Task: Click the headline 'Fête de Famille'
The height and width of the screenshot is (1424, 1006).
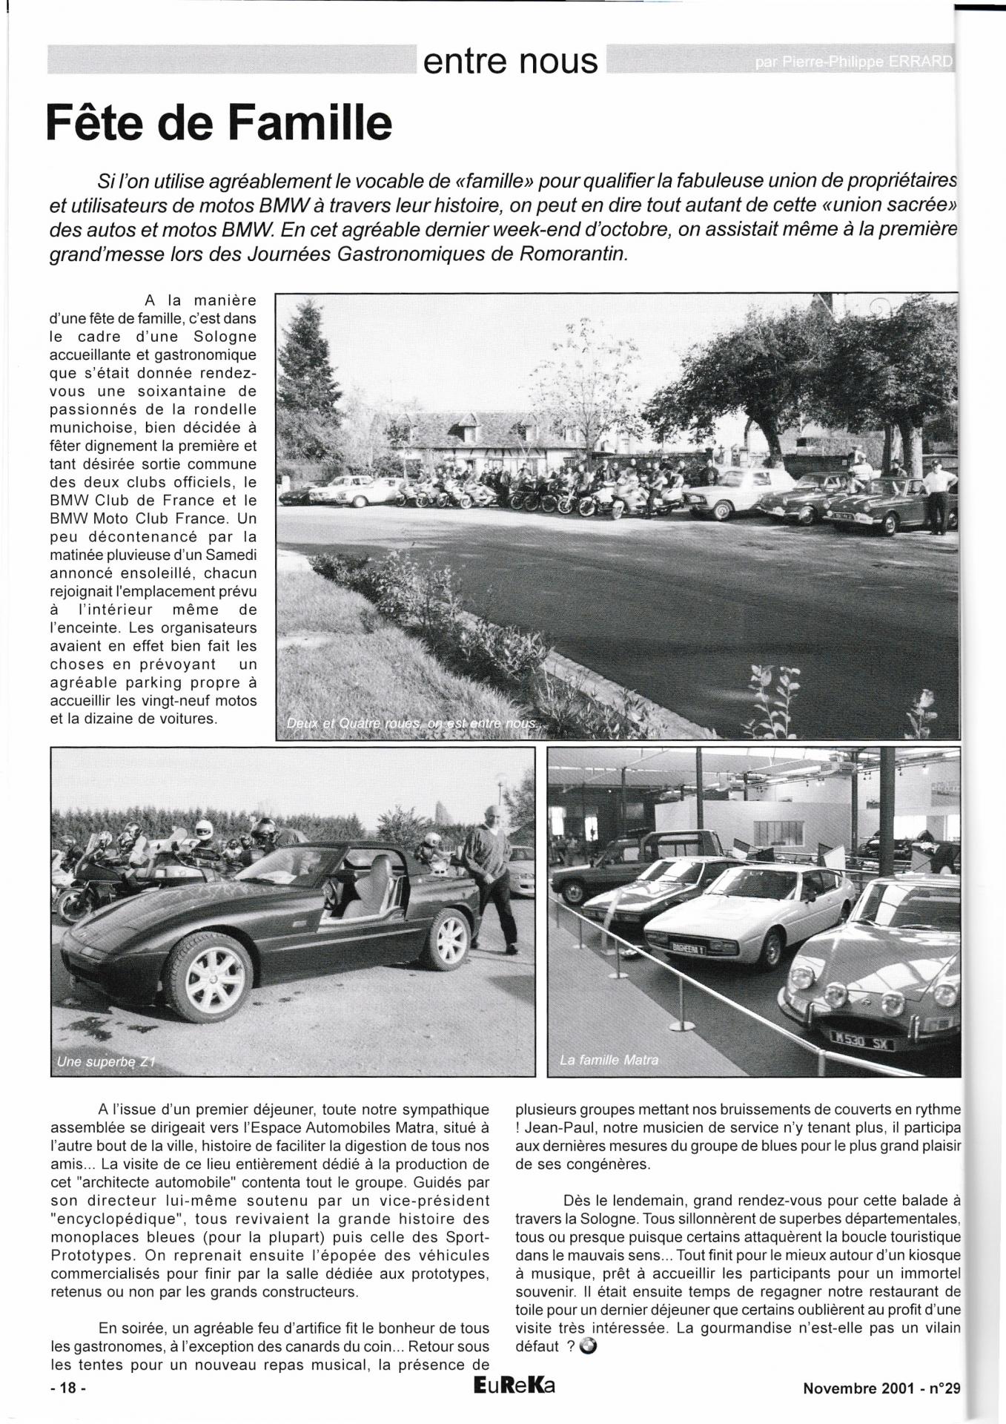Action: pos(219,122)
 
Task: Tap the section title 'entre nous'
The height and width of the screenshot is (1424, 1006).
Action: pos(510,61)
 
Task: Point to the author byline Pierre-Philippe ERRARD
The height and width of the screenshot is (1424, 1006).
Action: pos(853,62)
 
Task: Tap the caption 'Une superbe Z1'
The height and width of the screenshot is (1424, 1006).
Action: pos(105,1062)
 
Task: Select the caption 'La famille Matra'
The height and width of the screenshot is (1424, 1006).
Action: pos(609,1060)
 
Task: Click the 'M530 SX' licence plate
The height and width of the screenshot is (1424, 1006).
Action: pos(862,1039)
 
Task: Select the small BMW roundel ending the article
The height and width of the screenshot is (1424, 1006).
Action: pos(588,1347)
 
